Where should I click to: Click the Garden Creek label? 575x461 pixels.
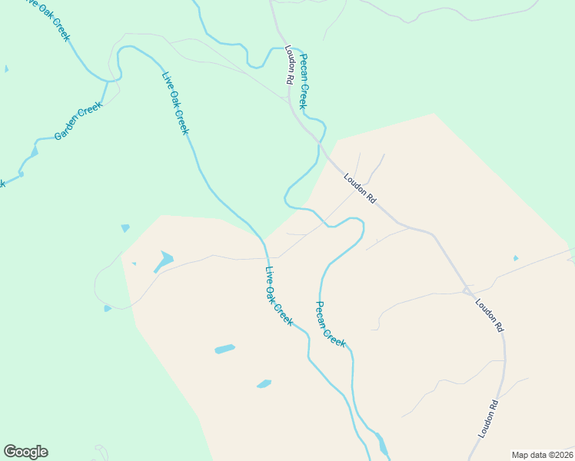[x=78, y=121]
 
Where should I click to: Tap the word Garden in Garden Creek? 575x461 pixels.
[x=68, y=129]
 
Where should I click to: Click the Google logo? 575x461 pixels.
[x=25, y=452]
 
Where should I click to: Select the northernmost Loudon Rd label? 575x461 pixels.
[x=290, y=65]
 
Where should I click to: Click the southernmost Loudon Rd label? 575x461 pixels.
[x=487, y=420]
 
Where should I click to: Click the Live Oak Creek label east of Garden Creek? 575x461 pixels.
[x=175, y=103]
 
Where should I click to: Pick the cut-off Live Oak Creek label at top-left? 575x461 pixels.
[x=46, y=18]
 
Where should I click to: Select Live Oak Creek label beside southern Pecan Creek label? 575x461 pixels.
[x=278, y=295]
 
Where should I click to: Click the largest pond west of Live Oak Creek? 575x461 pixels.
[x=164, y=260]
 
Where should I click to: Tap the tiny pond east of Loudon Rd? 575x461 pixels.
[x=515, y=258]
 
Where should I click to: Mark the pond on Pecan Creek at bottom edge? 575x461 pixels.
[x=381, y=444]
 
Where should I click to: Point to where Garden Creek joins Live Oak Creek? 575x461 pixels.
[x=118, y=78]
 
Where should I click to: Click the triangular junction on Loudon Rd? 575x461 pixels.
[x=467, y=290]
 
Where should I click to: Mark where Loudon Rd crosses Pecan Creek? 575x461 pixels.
[x=317, y=141]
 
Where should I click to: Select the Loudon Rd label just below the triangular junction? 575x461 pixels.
[x=489, y=315]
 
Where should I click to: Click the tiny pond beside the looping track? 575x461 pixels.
[x=108, y=308]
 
